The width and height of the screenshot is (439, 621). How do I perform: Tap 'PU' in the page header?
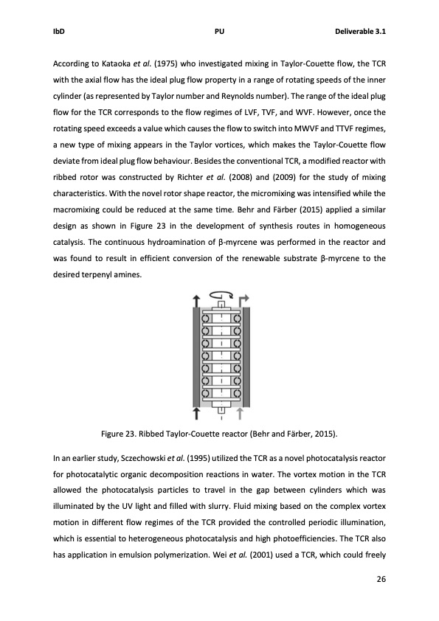[x=219, y=32]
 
